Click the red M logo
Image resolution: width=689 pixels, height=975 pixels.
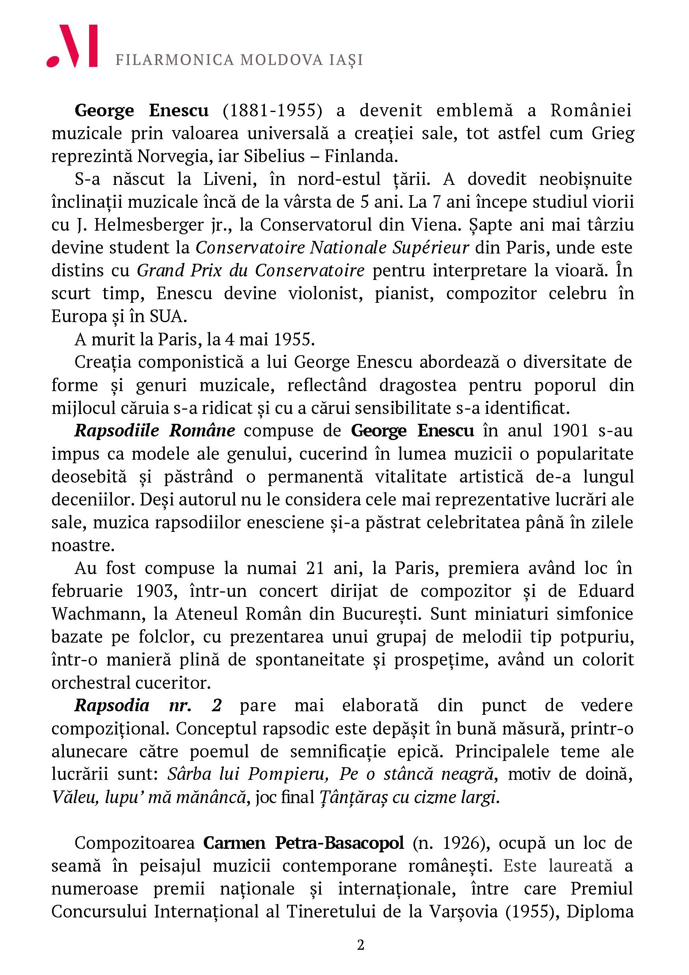point(72,46)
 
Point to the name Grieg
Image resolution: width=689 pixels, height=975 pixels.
point(613,133)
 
